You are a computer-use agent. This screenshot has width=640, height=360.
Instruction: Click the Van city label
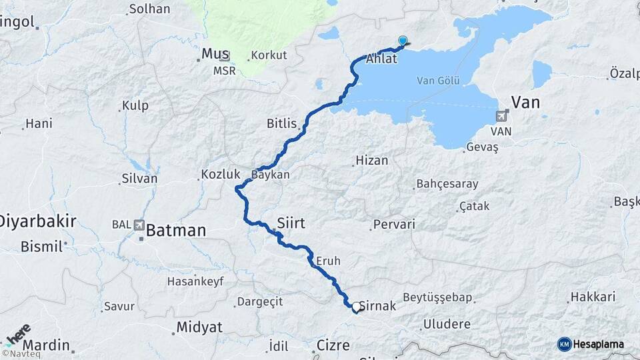click(x=525, y=102)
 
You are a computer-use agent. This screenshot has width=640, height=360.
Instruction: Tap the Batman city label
click(x=176, y=231)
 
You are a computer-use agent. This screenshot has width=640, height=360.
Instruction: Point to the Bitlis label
click(x=281, y=123)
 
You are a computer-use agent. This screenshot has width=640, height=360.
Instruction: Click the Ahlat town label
click(x=381, y=59)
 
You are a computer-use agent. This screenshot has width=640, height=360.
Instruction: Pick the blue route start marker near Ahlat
click(x=403, y=41)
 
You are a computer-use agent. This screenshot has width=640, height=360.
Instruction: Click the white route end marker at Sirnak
click(x=356, y=307)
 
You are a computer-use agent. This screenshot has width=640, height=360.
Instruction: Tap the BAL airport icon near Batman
click(x=139, y=225)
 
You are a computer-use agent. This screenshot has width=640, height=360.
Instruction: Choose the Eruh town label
click(x=329, y=261)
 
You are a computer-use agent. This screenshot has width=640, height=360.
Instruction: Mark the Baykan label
click(x=271, y=175)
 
